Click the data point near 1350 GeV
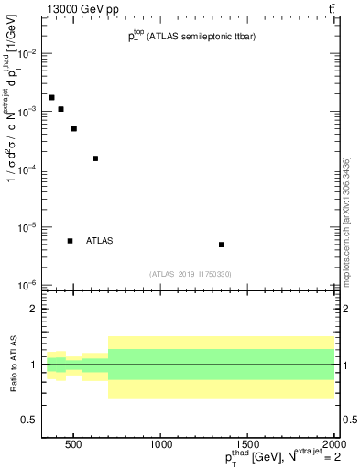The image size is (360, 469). pyautogui.click(x=222, y=245)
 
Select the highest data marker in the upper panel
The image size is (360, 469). pyautogui.click(x=51, y=97)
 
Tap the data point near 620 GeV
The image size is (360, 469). pyautogui.click(x=95, y=158)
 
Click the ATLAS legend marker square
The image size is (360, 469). pyautogui.click(x=71, y=241)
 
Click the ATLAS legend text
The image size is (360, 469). pyautogui.click(x=99, y=241)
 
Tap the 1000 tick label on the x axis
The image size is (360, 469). pyautogui.click(x=160, y=445)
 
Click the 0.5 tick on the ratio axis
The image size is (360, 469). pyautogui.click(x=27, y=420)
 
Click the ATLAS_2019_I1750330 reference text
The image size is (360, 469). pyautogui.click(x=191, y=274)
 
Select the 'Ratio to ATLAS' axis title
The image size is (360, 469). pyautogui.click(x=13, y=365)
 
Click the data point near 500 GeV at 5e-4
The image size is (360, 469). pyautogui.click(x=74, y=129)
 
